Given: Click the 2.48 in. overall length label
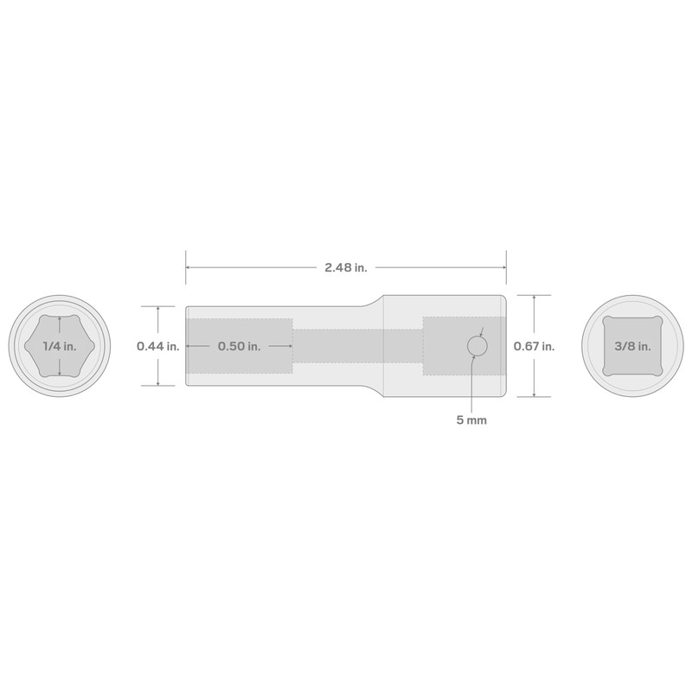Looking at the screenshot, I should point(346,268).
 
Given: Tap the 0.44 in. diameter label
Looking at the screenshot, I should point(157,346).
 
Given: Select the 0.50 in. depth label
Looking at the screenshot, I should point(240,346).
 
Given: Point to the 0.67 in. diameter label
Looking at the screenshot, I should point(534,346).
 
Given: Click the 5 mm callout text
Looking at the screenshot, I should point(471,421).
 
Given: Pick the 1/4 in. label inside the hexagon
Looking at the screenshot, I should point(59,346).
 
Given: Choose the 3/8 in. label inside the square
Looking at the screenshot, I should point(633,346).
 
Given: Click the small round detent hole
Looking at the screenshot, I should point(477,347).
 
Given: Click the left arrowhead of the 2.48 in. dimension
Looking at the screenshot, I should point(189,268).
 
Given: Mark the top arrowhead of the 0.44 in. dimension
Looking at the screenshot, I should point(157,308).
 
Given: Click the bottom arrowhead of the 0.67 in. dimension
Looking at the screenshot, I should point(534,394).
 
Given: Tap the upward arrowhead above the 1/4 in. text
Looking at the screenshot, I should point(59,319).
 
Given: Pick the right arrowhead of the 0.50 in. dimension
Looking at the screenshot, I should point(290,346).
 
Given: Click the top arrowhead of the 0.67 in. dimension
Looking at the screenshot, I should point(534,298).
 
